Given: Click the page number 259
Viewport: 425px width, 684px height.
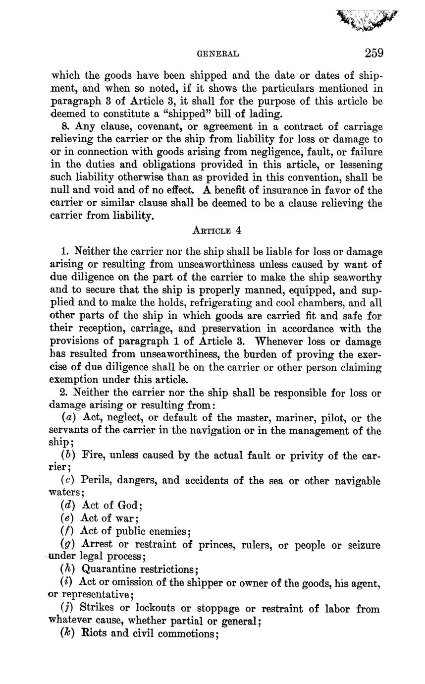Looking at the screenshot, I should pos(374,53).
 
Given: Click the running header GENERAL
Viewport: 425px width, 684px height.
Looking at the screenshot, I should pos(218,54).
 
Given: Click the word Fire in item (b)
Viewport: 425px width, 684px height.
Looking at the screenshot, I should pos(92,456).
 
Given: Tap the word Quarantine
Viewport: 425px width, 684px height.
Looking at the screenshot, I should pos(108,569).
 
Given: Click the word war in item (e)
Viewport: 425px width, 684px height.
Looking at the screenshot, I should pos(125,518).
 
